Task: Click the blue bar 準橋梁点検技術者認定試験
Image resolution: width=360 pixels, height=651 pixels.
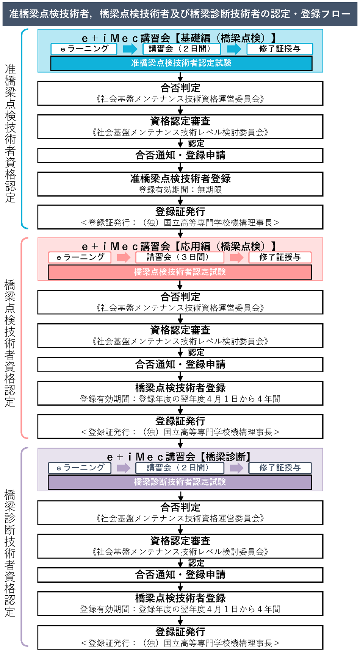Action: (x=181, y=63)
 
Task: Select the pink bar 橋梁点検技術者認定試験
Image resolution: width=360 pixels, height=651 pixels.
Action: (x=180, y=272)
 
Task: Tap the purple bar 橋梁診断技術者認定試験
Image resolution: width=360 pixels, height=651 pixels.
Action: (x=180, y=482)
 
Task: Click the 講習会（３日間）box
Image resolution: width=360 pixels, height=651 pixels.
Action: (x=180, y=258)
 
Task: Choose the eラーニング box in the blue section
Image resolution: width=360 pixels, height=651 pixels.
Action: (x=84, y=49)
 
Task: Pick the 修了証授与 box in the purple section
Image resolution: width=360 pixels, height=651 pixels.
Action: (x=280, y=468)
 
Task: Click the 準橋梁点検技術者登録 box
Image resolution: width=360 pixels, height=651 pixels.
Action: (x=180, y=184)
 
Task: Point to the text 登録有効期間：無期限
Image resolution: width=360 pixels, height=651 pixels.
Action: (x=180, y=190)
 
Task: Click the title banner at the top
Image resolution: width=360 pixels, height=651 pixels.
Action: (x=180, y=14)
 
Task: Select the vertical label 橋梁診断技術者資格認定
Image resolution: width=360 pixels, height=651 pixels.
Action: (x=10, y=553)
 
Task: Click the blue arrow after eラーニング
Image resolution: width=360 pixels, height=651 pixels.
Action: (x=130, y=49)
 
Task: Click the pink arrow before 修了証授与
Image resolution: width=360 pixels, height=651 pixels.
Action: (x=236, y=258)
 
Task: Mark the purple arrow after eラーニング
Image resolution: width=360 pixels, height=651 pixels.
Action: (x=124, y=468)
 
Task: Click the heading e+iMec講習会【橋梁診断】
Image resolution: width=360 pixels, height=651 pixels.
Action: (x=180, y=457)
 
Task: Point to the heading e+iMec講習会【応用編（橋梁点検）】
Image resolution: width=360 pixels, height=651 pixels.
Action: (x=180, y=247)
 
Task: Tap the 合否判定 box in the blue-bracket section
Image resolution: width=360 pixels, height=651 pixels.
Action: (x=180, y=93)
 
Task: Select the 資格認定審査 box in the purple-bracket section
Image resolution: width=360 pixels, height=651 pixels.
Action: (x=180, y=546)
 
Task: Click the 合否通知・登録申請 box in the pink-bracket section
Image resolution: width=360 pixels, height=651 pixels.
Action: (x=180, y=365)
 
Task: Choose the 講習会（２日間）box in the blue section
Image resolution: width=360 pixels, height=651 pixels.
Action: (x=182, y=49)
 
